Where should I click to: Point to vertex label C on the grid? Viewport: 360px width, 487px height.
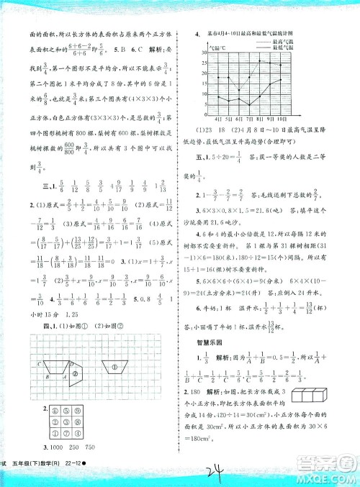coord(43,365)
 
